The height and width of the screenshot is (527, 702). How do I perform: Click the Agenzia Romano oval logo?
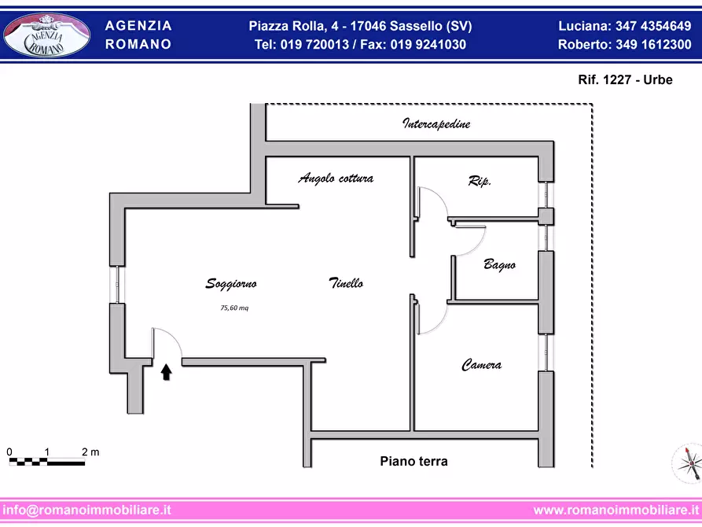[x=46, y=35]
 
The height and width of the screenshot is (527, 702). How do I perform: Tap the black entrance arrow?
[x=166, y=372]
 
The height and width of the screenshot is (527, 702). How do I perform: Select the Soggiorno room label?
[x=231, y=284]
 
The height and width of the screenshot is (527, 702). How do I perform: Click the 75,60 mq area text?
[x=234, y=308]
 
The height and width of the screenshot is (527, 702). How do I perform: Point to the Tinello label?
[x=346, y=282]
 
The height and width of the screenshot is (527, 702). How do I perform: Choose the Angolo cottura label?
[x=336, y=179]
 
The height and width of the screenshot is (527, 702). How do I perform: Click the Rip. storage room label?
[x=480, y=181]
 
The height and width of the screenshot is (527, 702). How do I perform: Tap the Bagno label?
[x=500, y=264]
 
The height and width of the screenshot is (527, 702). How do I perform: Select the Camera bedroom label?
[x=481, y=365]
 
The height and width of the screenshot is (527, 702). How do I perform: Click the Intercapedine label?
[x=436, y=123]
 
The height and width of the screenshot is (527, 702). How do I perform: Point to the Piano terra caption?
[x=413, y=461]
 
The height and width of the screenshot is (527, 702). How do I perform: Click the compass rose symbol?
[x=688, y=463]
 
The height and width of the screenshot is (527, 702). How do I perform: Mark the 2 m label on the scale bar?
[x=90, y=451]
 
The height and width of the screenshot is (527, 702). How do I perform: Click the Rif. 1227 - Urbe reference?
[x=625, y=79]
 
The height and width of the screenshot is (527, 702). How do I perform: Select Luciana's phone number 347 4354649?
[x=653, y=26]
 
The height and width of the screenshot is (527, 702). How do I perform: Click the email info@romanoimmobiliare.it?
[x=86, y=510]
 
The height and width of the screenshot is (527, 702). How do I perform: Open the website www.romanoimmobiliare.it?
[x=616, y=510]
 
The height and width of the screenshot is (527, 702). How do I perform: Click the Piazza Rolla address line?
[x=360, y=26]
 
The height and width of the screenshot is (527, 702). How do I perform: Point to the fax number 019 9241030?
[x=428, y=44]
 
